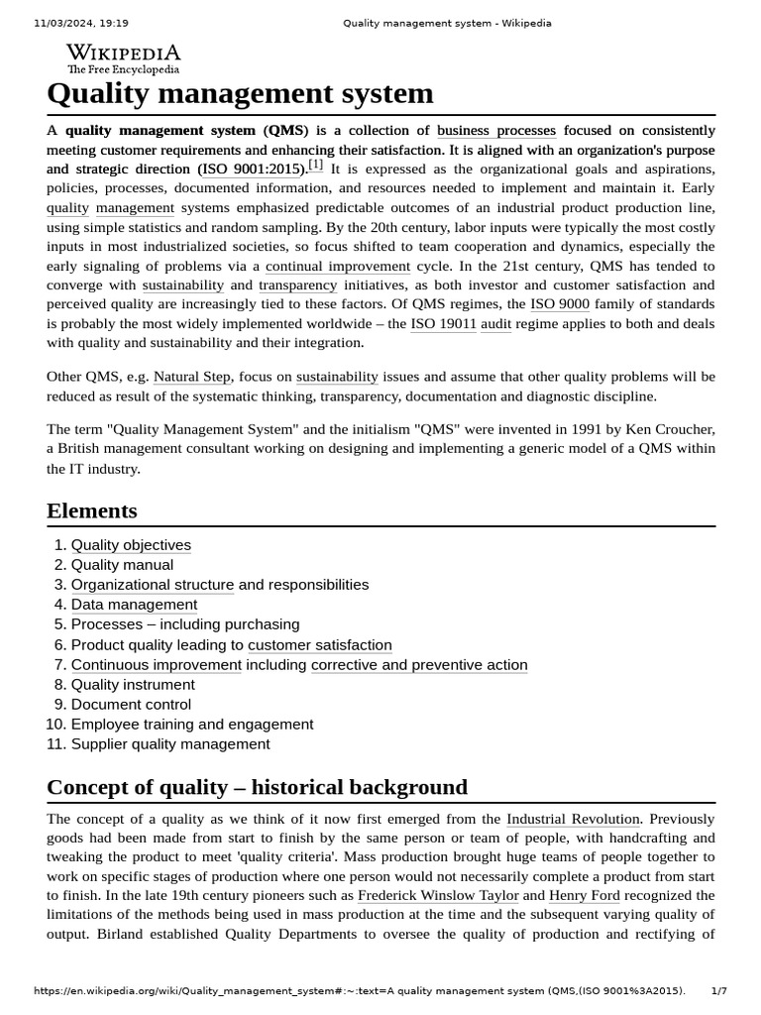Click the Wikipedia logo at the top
123,58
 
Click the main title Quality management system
240,93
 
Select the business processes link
495,131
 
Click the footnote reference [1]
315,166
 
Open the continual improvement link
337,267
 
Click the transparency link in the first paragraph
297,285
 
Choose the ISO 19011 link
443,324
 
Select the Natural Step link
191,377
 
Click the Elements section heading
92,510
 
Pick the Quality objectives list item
131,545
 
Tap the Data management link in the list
134,605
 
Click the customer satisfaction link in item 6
319,645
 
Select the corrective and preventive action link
419,665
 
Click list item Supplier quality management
169,744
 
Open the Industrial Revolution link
573,819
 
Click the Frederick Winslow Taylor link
438,896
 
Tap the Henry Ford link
584,896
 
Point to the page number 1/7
718,991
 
